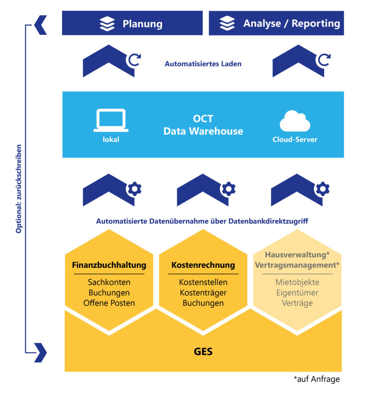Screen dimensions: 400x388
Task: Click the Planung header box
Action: pyautogui.click(x=132, y=23)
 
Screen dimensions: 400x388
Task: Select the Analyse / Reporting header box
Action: pyautogui.click(x=276, y=23)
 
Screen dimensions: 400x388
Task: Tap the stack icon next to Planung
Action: pyautogui.click(x=107, y=23)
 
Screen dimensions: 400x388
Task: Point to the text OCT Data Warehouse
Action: pyautogui.click(x=203, y=125)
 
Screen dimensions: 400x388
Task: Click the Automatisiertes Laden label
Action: pyautogui.click(x=203, y=64)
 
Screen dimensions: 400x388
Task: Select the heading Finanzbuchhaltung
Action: pyautogui.click(x=109, y=265)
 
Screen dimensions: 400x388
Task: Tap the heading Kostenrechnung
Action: pyautogui.click(x=203, y=265)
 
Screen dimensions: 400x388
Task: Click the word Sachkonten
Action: pyautogui.click(x=109, y=282)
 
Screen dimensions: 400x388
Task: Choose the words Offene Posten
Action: pyautogui.click(x=109, y=303)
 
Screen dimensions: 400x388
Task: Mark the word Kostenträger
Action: pyautogui.click(x=203, y=293)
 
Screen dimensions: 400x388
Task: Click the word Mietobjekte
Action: pyautogui.click(x=297, y=282)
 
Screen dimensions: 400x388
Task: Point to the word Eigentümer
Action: pyautogui.click(x=297, y=293)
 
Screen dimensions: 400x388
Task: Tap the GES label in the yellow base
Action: pyautogui.click(x=203, y=352)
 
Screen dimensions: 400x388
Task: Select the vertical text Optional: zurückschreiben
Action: pyautogui.click(x=19, y=189)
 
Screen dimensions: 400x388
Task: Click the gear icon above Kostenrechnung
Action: pyautogui.click(x=228, y=189)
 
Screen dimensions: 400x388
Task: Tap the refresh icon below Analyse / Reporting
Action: pyautogui.click(x=324, y=60)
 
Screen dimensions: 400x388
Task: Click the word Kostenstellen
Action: pyautogui.click(x=203, y=282)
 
